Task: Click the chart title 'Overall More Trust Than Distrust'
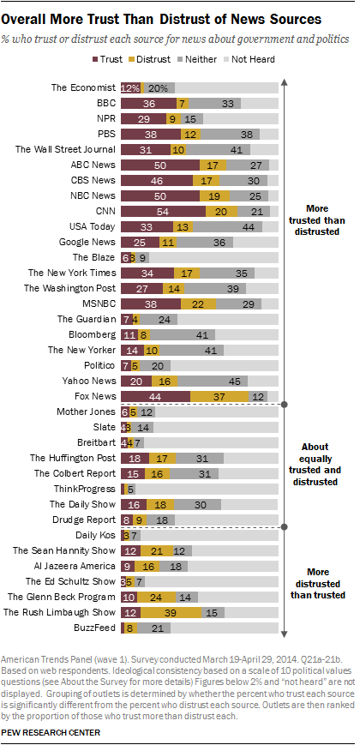tap(162, 17)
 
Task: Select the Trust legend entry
tap(111, 59)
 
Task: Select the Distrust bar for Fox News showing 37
tap(219, 396)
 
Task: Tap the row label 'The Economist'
tap(82, 87)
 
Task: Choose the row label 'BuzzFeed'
tap(94, 628)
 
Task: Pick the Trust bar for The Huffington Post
tap(135, 458)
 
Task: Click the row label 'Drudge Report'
tap(84, 520)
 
